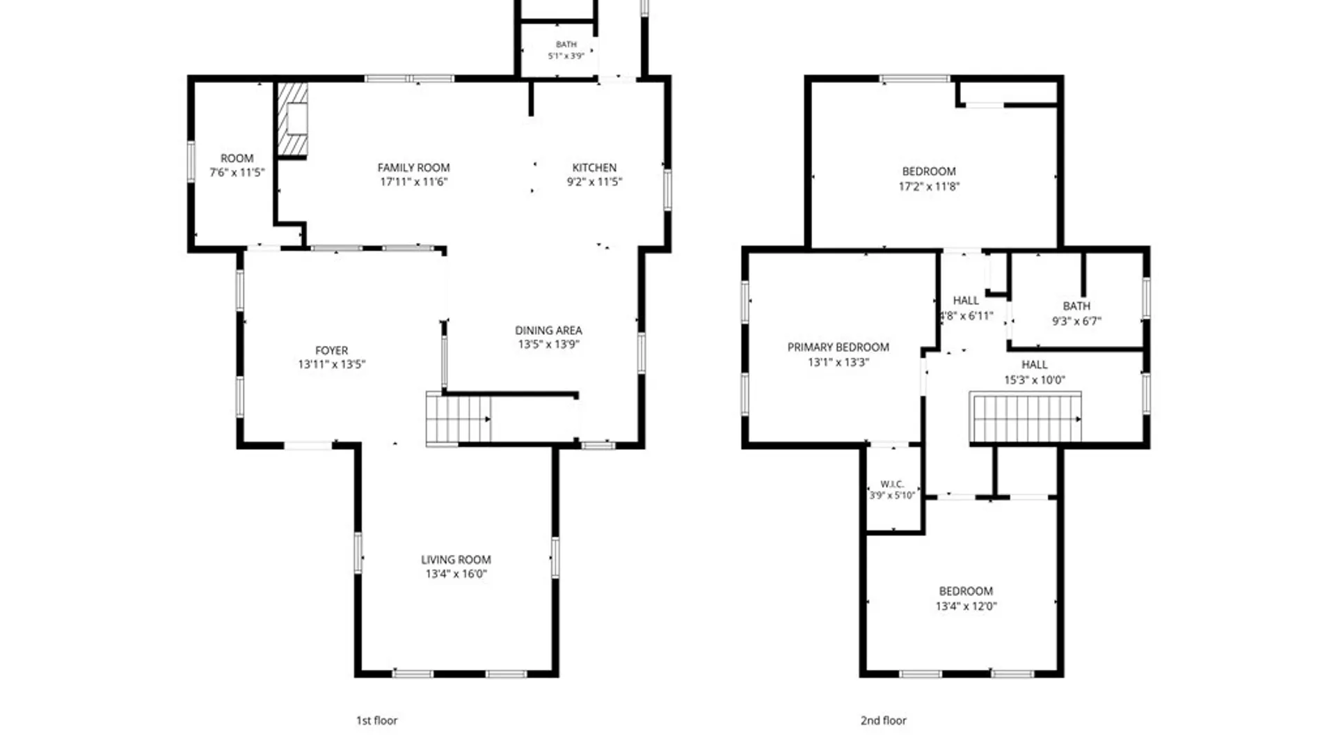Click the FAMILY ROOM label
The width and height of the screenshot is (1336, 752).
[413, 168]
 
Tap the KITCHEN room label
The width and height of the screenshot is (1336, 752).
[594, 168]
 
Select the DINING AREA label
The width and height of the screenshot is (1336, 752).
[548, 331]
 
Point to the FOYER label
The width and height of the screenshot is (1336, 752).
[331, 351]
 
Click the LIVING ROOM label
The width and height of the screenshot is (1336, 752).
[456, 560]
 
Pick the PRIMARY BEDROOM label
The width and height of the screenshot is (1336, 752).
[838, 347]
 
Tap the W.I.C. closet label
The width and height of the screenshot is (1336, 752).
[892, 484]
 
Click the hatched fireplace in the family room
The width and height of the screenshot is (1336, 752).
[292, 119]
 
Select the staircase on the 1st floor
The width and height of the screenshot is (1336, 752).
[459, 418]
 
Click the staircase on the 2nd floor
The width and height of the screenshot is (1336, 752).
[1026, 417]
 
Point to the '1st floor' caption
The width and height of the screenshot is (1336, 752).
[376, 721]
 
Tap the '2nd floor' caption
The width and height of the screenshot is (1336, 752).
[883, 721]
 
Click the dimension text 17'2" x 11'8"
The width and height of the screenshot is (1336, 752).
[929, 187]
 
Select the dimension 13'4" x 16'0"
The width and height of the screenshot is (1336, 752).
[456, 574]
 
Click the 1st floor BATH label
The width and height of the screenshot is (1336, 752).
[566, 45]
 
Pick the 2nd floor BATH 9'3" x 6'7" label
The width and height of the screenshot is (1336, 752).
[1076, 314]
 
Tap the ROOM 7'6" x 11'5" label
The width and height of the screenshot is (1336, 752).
[237, 166]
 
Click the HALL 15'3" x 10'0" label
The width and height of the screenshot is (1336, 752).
[1034, 373]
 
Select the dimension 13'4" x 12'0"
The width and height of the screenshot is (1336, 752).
[966, 606]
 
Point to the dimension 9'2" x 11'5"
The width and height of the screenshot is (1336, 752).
[594, 182]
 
